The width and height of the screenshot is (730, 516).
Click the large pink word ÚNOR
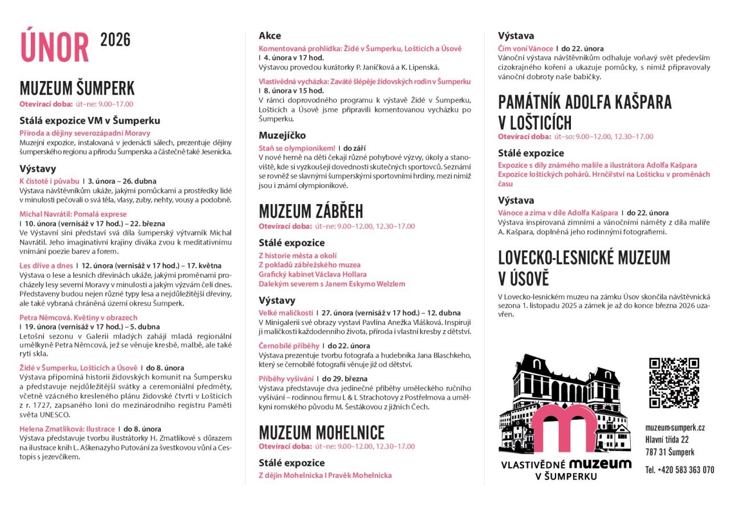55,47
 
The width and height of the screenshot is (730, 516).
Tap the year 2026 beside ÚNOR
115,40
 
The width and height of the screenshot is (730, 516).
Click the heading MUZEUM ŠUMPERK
77,88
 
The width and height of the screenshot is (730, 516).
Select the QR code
674,383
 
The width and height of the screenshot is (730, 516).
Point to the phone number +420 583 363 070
679,470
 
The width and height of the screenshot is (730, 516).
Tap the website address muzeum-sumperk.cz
675,428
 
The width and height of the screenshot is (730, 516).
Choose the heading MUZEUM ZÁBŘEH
311,211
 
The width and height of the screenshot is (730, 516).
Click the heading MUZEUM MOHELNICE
322,432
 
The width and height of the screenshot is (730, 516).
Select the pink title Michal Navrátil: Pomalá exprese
73,214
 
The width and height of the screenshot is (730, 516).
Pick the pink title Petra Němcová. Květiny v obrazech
78,318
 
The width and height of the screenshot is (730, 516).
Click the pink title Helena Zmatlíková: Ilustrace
67,429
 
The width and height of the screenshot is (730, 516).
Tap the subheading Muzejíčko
282,135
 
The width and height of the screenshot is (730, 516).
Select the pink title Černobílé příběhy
288,346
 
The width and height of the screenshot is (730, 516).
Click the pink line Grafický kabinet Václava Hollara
313,274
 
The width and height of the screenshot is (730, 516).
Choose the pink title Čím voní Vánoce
525,48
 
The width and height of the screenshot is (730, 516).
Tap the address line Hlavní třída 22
667,440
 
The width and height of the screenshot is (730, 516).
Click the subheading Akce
270,35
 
